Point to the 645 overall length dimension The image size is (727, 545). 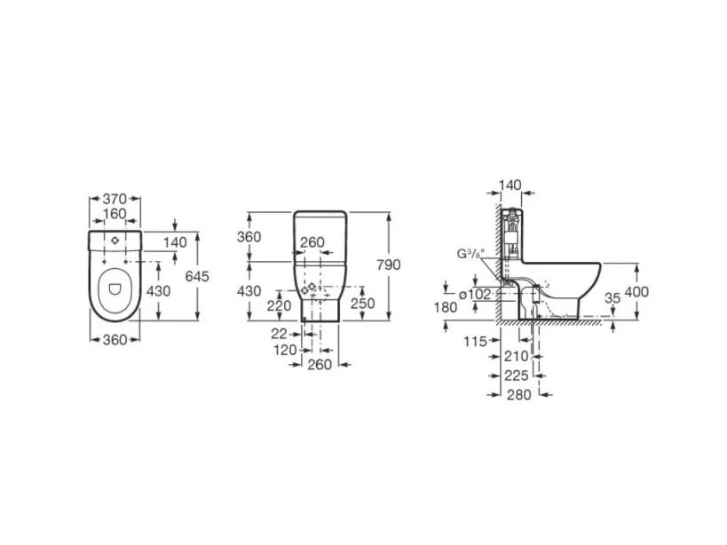pos(196,276)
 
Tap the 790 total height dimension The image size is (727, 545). pos(389,265)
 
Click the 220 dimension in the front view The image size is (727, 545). pos(279,304)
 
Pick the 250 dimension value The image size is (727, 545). pos(364,304)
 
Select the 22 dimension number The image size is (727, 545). pos(281,334)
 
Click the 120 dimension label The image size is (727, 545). pos(284,350)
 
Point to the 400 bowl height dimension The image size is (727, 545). pos(636,292)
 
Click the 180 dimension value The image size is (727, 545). pos(446,307)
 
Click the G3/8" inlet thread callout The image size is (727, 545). pos(470,255)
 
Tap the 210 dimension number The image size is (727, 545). pos(516,356)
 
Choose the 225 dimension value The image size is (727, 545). pos(516,375)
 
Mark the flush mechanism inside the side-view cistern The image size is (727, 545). pos(511,235)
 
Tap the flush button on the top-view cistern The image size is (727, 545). pos(114,241)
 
